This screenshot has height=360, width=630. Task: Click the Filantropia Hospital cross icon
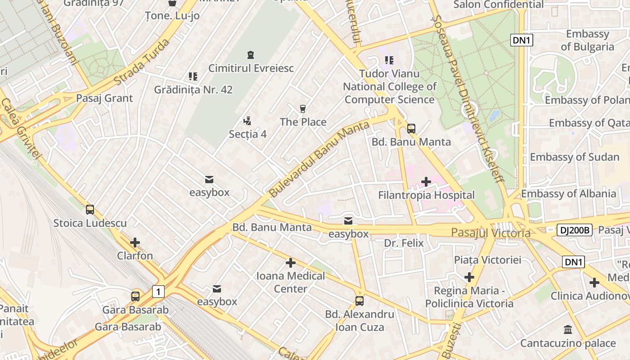point(426,182)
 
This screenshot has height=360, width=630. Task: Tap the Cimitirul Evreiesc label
point(251,68)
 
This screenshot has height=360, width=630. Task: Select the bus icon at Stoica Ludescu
point(90,209)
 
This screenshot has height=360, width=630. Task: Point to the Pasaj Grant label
point(104,98)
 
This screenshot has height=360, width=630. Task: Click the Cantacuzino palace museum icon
point(567,330)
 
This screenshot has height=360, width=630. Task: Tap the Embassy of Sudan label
point(575,157)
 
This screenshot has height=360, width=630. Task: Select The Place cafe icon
point(303,108)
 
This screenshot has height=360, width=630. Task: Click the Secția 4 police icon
point(247,121)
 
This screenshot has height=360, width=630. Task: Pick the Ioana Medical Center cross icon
point(291,262)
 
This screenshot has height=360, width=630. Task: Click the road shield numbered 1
point(158,292)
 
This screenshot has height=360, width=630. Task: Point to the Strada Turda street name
point(142,61)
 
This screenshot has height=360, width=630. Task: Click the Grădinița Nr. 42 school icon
point(193,76)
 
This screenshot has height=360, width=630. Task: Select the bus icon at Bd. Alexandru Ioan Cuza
point(359,301)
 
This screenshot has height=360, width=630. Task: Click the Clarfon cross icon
point(135,243)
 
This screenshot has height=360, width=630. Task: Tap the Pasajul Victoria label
point(490,233)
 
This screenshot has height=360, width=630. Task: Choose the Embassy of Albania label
point(568,194)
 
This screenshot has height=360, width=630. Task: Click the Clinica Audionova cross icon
point(594,283)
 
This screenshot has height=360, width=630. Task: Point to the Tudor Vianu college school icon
point(389,60)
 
